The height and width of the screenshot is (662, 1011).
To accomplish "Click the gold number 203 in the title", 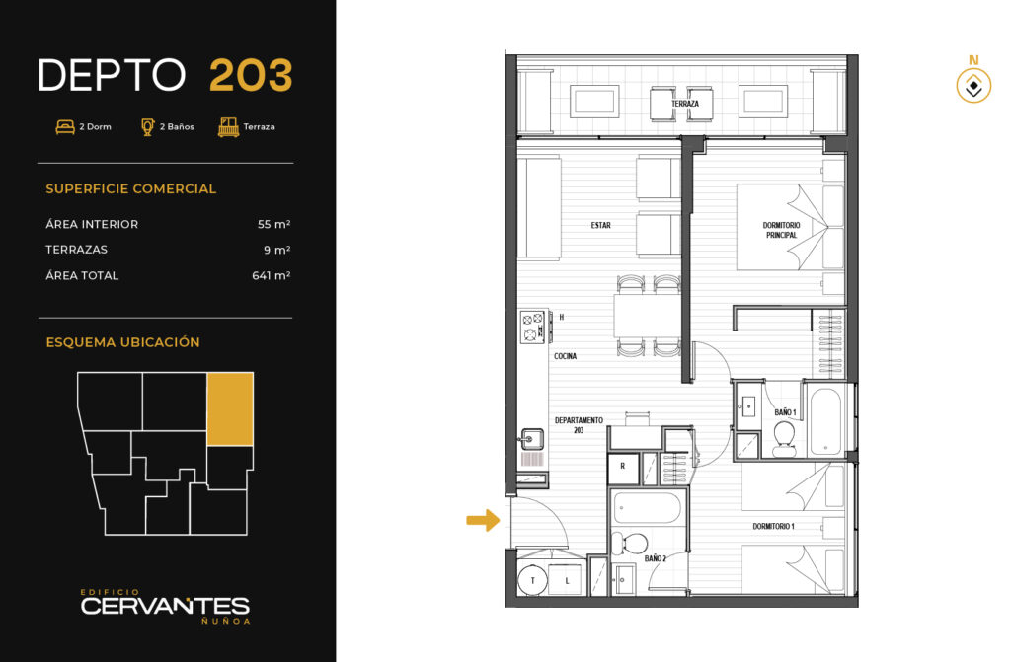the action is [x=251, y=75].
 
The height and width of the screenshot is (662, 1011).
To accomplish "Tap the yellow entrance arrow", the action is [x=483, y=520].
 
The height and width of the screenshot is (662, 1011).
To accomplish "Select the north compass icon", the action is [x=973, y=86].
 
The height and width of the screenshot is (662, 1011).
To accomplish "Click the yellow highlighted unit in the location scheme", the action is [x=230, y=408].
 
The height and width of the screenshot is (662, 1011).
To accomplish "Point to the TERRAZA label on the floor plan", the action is [x=685, y=104].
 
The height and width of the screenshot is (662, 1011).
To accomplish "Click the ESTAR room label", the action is [x=601, y=225].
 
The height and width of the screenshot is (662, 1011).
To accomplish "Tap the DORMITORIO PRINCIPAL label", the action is [x=782, y=230].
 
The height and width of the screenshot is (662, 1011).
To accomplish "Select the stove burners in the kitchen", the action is [x=532, y=327].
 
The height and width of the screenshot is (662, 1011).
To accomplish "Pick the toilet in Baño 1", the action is [x=785, y=439].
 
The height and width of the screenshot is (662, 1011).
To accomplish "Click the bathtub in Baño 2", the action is [x=647, y=509].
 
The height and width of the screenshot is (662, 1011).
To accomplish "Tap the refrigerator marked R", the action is [x=623, y=469].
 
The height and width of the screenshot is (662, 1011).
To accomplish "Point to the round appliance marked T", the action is [x=532, y=580].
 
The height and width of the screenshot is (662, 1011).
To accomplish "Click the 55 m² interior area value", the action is [x=274, y=224].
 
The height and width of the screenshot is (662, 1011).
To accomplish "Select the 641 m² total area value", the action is [x=272, y=275].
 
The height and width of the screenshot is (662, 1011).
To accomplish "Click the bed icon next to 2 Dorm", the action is [x=65, y=127].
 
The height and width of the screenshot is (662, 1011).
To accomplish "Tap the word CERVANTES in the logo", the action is [x=165, y=606].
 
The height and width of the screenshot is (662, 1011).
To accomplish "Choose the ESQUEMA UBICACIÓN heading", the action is [x=122, y=342].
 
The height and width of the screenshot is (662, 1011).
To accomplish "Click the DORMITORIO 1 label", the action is [x=774, y=526].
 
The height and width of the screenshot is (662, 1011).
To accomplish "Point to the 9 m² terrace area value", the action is [x=277, y=250].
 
